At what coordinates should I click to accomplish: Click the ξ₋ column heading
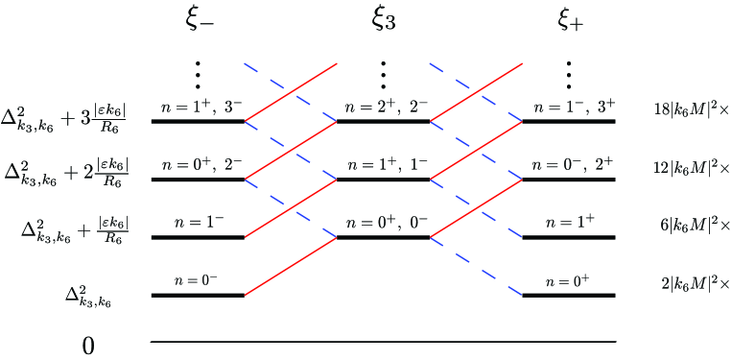click(200, 20)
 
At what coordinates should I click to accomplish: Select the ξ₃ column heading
click(384, 20)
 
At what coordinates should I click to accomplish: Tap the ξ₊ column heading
click(570, 20)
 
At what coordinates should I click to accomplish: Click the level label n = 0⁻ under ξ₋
click(199, 280)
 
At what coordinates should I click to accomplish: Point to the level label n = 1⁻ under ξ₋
click(199, 223)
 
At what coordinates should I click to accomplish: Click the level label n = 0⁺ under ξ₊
click(569, 280)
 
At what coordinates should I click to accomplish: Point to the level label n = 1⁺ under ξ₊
click(569, 223)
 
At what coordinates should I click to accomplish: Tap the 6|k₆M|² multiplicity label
click(696, 227)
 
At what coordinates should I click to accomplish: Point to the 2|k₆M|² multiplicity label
click(696, 284)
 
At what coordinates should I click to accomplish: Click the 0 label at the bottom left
click(88, 345)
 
